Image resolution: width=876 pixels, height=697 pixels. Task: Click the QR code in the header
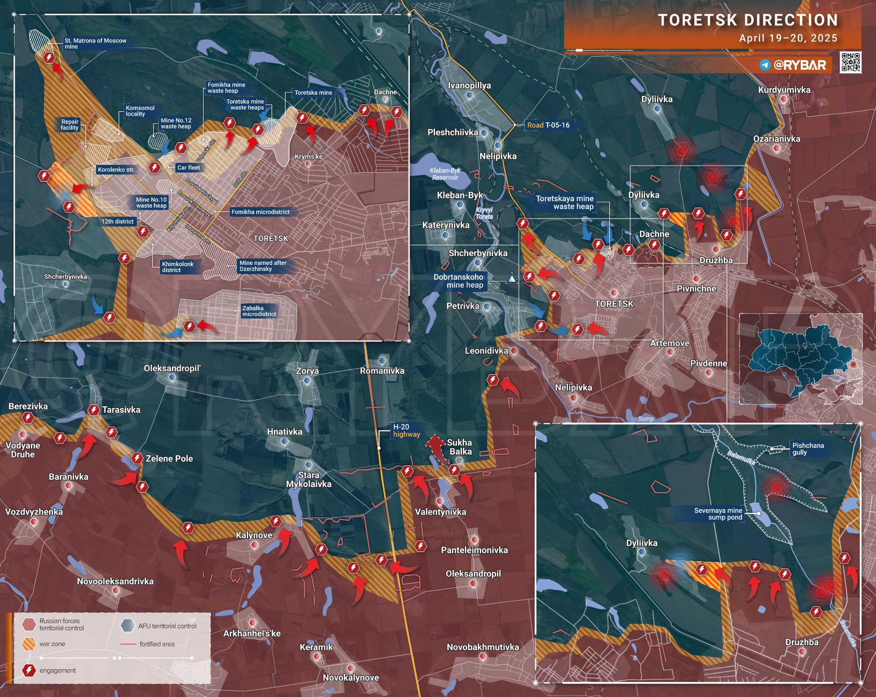point(850,63)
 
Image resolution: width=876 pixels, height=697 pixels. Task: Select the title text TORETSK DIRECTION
point(747,20)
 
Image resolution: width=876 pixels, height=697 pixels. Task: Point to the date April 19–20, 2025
point(788,38)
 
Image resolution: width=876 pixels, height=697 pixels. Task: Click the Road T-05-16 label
point(548,125)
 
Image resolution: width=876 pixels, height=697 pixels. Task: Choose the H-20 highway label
point(406,431)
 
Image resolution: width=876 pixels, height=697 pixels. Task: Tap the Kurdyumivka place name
point(784,90)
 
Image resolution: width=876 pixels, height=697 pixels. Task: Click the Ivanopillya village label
point(469,86)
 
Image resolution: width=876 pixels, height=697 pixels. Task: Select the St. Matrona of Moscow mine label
point(95,43)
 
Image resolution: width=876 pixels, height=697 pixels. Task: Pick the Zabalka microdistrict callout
point(259,311)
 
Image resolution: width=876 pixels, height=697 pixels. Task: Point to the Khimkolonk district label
point(177,267)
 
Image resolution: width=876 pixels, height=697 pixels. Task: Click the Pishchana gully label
point(808,449)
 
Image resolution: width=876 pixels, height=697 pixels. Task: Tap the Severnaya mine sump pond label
point(718,514)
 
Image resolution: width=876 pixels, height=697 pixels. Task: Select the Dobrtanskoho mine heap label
point(458,281)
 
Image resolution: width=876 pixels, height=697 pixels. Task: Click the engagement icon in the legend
point(29,670)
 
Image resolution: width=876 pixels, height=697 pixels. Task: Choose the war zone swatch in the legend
point(29,644)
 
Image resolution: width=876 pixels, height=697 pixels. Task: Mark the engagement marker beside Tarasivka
point(93,410)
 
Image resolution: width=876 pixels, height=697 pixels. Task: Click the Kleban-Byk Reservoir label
point(445,174)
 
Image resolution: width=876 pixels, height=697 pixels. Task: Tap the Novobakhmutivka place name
point(482,647)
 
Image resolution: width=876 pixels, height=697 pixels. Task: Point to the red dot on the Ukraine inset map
point(853,364)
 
